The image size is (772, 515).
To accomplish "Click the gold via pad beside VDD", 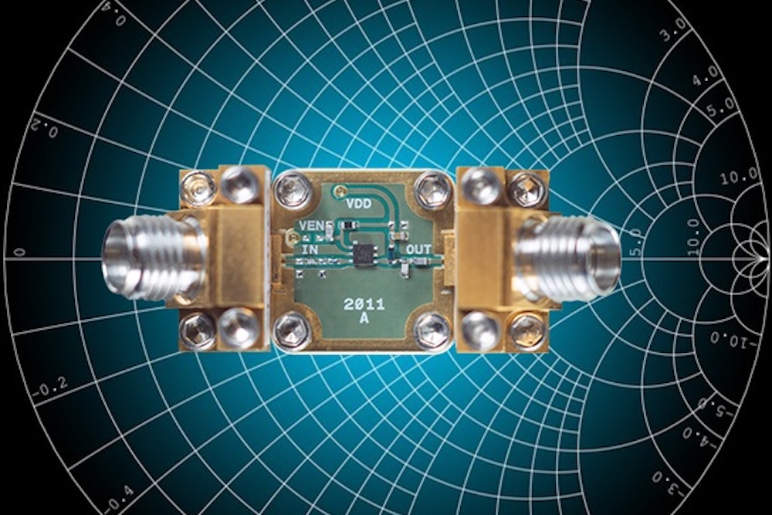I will point(337,190).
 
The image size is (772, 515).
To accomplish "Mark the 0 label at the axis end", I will point(20,252).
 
